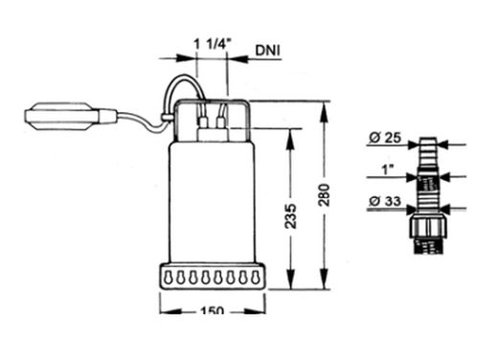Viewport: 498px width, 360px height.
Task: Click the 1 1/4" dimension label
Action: (x=210, y=45)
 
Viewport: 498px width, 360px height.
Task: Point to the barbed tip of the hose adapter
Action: (x=428, y=149)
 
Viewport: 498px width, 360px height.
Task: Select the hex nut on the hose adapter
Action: (x=428, y=225)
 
